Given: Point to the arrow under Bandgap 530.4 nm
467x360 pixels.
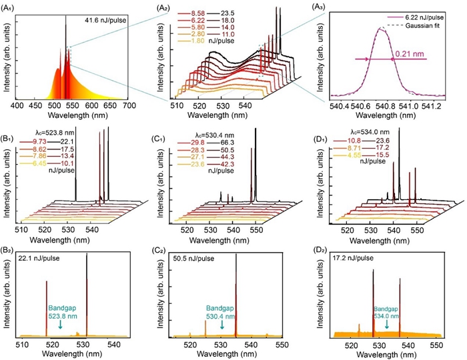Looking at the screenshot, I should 221,324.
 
